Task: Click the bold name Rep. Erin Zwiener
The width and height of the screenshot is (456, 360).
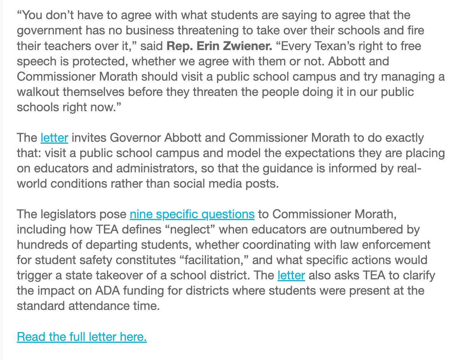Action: pyautogui.click(x=220, y=46)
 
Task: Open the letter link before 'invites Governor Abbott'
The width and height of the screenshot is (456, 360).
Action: pyautogui.click(x=54, y=138)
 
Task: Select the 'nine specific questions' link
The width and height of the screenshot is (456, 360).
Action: pyautogui.click(x=192, y=214)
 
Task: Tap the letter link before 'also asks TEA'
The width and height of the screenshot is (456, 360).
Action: pyautogui.click(x=291, y=275)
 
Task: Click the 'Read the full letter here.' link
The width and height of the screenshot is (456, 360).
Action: pyautogui.click(x=82, y=337)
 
